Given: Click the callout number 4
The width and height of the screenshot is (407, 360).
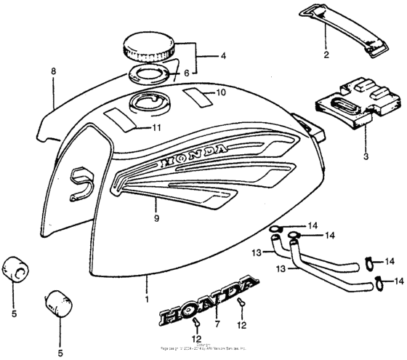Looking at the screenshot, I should pyautogui.click(x=224, y=55).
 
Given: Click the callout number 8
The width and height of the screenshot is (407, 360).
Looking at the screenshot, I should pyautogui.click(x=52, y=72).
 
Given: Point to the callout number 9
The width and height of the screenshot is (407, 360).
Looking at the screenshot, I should pyautogui.click(x=156, y=217).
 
